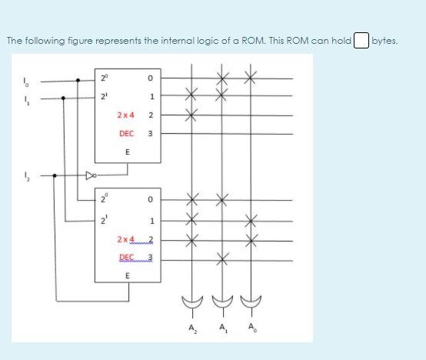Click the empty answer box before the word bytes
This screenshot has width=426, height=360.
point(361,41)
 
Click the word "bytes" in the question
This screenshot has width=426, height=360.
point(384,41)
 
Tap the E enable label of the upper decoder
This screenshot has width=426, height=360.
point(126,151)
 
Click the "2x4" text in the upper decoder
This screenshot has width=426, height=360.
point(126,115)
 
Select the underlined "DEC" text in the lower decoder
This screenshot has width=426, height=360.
point(127,256)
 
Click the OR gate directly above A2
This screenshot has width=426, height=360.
point(191,302)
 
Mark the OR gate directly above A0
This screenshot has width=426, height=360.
point(248,302)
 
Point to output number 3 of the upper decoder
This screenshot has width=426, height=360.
point(151,133)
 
